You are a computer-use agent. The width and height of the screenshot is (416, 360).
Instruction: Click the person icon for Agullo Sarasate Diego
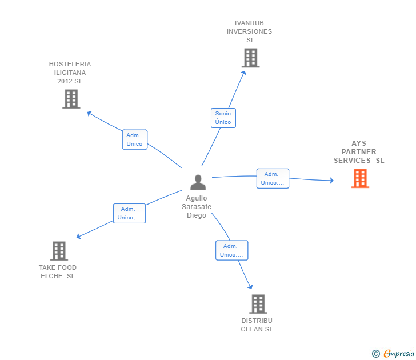(198, 182)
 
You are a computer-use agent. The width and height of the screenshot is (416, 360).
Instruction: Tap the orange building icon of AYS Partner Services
(360, 178)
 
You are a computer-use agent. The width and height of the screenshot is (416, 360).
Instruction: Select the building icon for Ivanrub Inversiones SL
(250, 58)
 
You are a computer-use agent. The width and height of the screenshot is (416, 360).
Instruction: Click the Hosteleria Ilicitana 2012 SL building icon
(71, 99)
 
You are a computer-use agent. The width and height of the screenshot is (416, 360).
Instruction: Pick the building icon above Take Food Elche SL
(59, 250)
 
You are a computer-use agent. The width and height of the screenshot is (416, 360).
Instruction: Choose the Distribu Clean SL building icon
(258, 303)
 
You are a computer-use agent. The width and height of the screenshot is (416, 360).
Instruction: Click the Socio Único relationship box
(223, 118)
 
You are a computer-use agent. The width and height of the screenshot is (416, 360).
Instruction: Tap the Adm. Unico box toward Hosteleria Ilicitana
(135, 139)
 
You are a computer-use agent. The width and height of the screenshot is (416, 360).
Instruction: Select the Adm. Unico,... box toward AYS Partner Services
(273, 178)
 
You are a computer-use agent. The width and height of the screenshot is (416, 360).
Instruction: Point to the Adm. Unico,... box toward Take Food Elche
(129, 213)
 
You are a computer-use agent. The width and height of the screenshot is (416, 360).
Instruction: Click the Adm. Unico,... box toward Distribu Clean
(231, 250)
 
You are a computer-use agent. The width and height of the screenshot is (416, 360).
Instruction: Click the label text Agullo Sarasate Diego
(197, 207)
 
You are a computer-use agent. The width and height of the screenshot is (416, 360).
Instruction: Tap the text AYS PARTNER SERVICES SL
(359, 152)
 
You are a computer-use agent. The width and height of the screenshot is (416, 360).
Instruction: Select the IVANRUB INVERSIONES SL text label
(249, 31)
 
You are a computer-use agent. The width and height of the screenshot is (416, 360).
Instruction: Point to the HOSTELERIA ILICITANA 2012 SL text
(70, 73)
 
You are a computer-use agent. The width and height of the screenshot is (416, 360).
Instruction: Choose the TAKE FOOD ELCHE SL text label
(58, 272)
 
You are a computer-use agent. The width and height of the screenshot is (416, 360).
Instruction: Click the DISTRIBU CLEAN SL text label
(257, 325)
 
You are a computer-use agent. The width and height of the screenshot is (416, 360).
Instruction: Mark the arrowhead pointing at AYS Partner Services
(331, 181)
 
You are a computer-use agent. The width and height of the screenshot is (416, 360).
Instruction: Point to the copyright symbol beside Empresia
(375, 354)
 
